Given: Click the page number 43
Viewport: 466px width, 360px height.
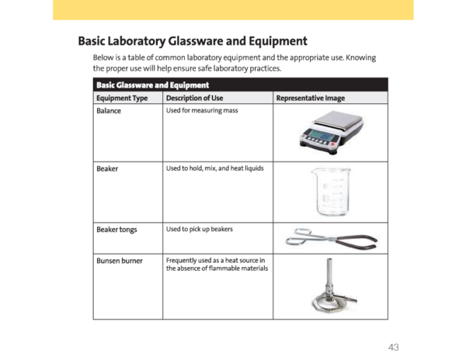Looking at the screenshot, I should click(x=394, y=346).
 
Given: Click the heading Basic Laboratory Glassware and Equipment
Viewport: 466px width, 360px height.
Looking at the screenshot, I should click(x=193, y=41).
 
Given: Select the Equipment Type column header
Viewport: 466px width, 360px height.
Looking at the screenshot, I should click(x=122, y=99).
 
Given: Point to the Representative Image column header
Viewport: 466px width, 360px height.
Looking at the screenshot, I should click(x=311, y=99).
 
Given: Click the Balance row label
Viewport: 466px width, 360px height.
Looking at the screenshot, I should click(x=109, y=111).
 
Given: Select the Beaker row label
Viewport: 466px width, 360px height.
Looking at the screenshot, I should click(x=107, y=168).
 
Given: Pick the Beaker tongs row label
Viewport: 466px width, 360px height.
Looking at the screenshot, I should click(x=116, y=229).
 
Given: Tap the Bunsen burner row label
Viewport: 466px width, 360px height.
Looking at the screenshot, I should click(x=120, y=260).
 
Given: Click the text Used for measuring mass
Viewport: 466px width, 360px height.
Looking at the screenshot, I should click(x=202, y=111).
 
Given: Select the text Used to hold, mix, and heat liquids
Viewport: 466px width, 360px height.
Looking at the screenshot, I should click(x=214, y=168).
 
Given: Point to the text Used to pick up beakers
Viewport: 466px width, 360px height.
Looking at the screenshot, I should click(x=200, y=229).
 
